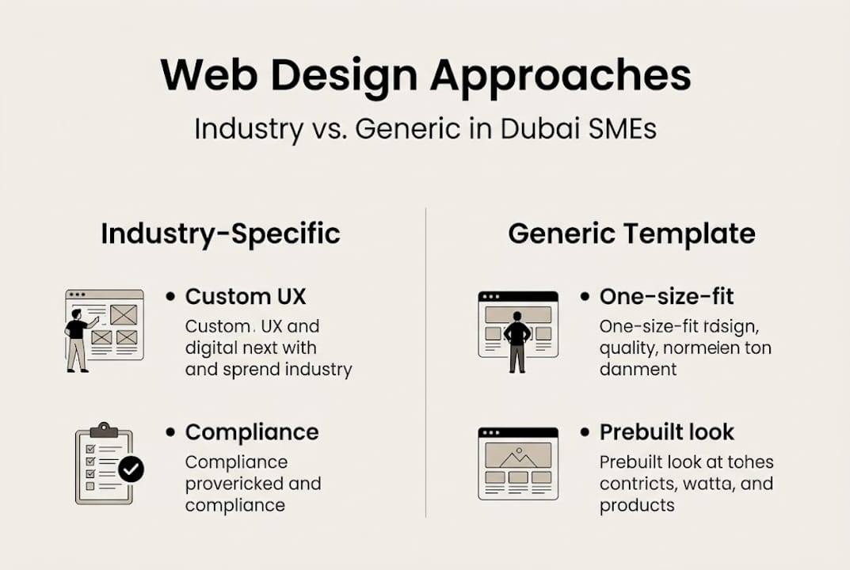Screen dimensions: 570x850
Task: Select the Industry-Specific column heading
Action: pos(220,234)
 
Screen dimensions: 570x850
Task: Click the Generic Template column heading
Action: pos(631,234)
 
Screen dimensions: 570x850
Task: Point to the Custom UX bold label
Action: pos(245,297)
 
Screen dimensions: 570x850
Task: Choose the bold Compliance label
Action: pos(252,432)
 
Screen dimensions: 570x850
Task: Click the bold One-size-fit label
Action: pos(666,297)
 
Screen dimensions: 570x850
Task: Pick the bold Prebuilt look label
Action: pos(666,432)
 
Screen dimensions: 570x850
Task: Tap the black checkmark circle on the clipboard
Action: pos(131,469)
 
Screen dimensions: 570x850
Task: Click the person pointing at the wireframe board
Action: pos(77,339)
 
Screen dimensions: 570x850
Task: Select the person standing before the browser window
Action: pos(516,340)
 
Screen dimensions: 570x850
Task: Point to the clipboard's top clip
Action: pos(104,430)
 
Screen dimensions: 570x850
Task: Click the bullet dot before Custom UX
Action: pos(170,296)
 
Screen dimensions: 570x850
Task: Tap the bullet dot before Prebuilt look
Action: pos(585,432)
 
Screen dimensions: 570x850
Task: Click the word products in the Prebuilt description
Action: pos(637,505)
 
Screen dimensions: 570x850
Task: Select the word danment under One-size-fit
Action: pos(638,370)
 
